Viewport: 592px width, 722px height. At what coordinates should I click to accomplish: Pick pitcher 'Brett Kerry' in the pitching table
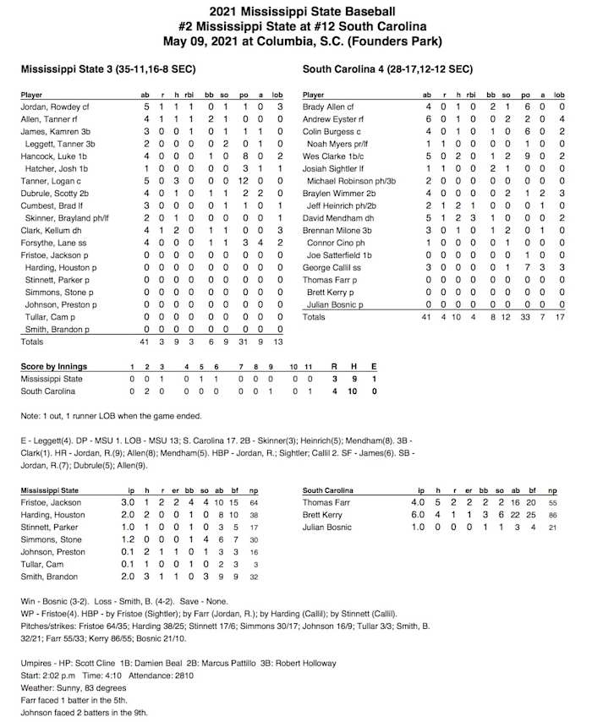(x=321, y=515)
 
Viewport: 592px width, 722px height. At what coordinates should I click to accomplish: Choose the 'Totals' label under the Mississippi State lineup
(x=32, y=342)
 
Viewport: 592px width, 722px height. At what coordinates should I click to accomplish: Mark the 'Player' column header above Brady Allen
(x=313, y=96)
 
